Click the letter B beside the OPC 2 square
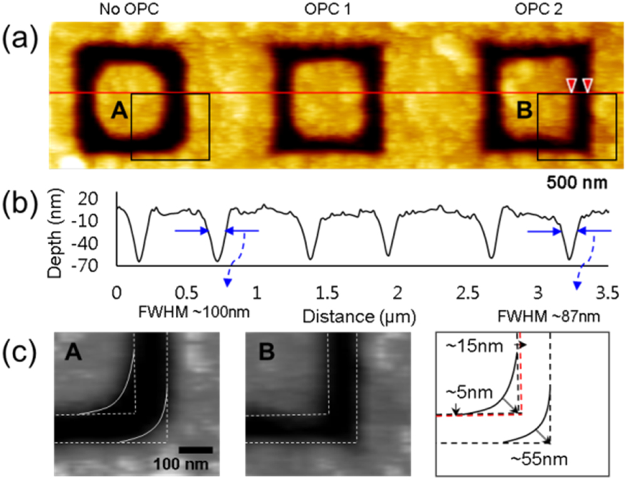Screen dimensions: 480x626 click(524, 111)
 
